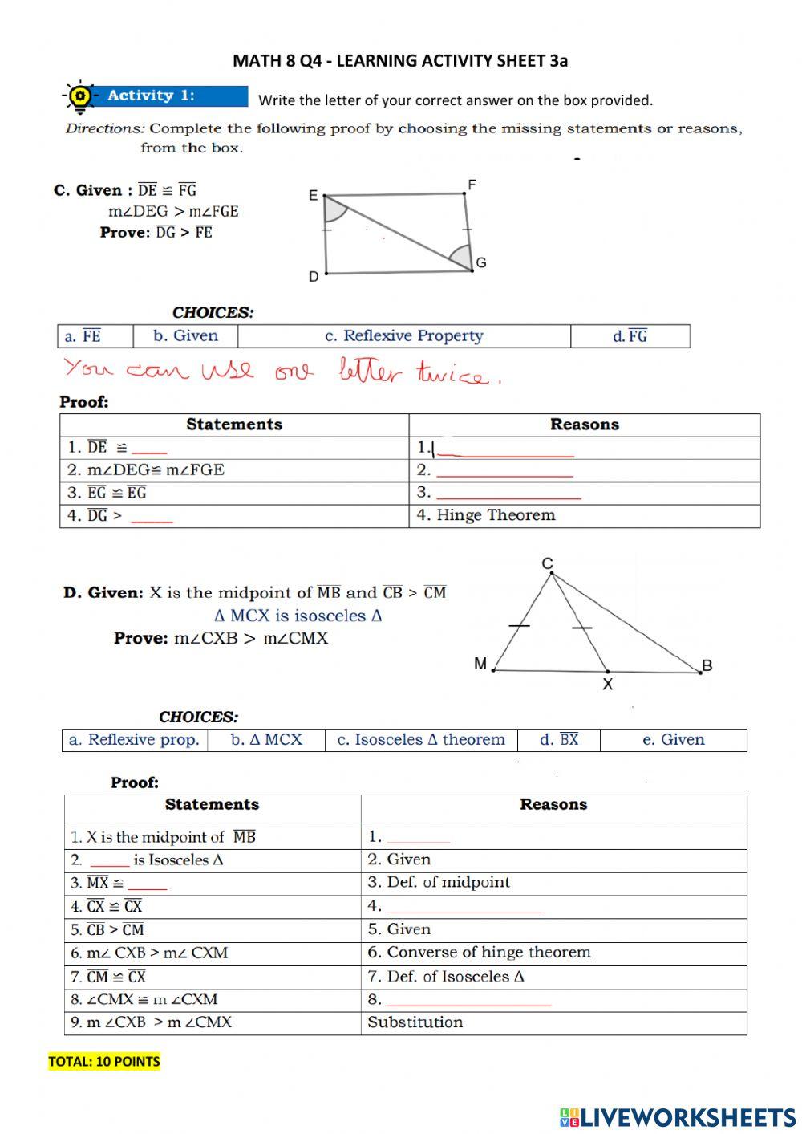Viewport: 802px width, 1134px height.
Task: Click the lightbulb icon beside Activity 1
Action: pos(79,96)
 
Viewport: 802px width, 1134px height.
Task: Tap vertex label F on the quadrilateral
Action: pos(472,185)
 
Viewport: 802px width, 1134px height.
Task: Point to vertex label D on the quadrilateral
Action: pos(314,276)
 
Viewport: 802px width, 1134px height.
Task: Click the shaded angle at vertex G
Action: pos(461,258)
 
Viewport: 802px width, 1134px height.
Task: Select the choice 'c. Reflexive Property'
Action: pos(403,336)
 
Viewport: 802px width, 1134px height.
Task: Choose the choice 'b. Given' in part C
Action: pos(185,336)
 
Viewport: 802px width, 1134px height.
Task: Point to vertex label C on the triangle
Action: pos(548,563)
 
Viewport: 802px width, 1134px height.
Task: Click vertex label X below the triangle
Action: pos(607,685)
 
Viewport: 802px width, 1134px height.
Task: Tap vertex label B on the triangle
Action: pos(707,665)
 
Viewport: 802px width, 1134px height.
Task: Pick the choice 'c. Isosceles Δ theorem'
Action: pos(421,740)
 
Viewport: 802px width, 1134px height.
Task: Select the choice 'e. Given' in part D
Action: pos(673,740)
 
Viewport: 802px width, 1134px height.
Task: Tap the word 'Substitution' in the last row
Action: pos(415,1022)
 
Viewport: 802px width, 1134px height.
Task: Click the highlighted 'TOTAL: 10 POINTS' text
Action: pos(104,1062)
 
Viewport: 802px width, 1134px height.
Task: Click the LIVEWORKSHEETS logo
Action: pos(678,1116)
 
